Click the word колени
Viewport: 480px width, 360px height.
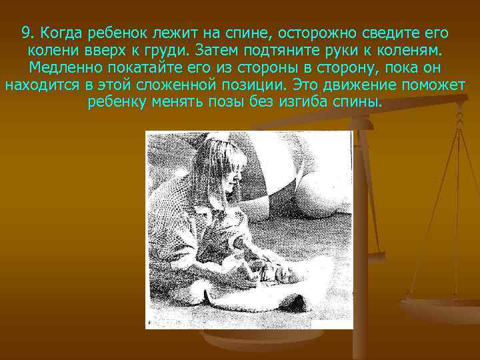(x=50, y=51)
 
